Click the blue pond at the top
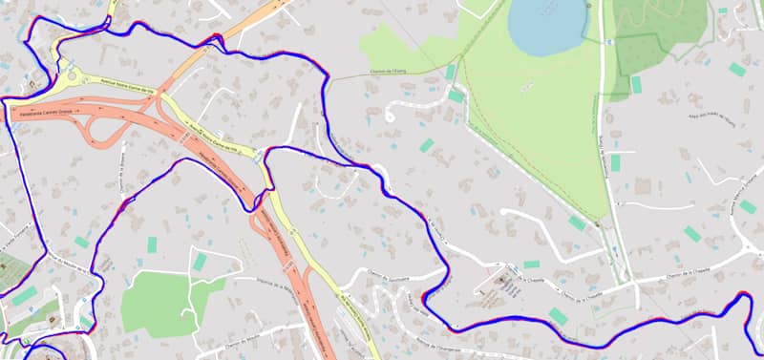pyautogui.click(x=545, y=23)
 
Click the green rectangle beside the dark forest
pyautogui.click(x=636, y=84)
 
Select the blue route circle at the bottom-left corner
pyautogui.click(x=43, y=352)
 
